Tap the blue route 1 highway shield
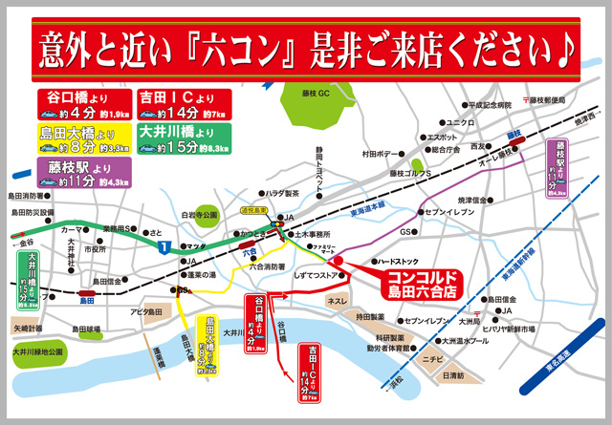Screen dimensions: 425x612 (164, 247)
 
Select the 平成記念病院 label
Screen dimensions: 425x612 (491, 106)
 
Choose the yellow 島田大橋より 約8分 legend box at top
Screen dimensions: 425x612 (83, 138)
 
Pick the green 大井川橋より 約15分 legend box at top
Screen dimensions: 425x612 (182, 138)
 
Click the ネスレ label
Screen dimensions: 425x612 (338, 301)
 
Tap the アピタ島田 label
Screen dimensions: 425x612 (148, 312)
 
